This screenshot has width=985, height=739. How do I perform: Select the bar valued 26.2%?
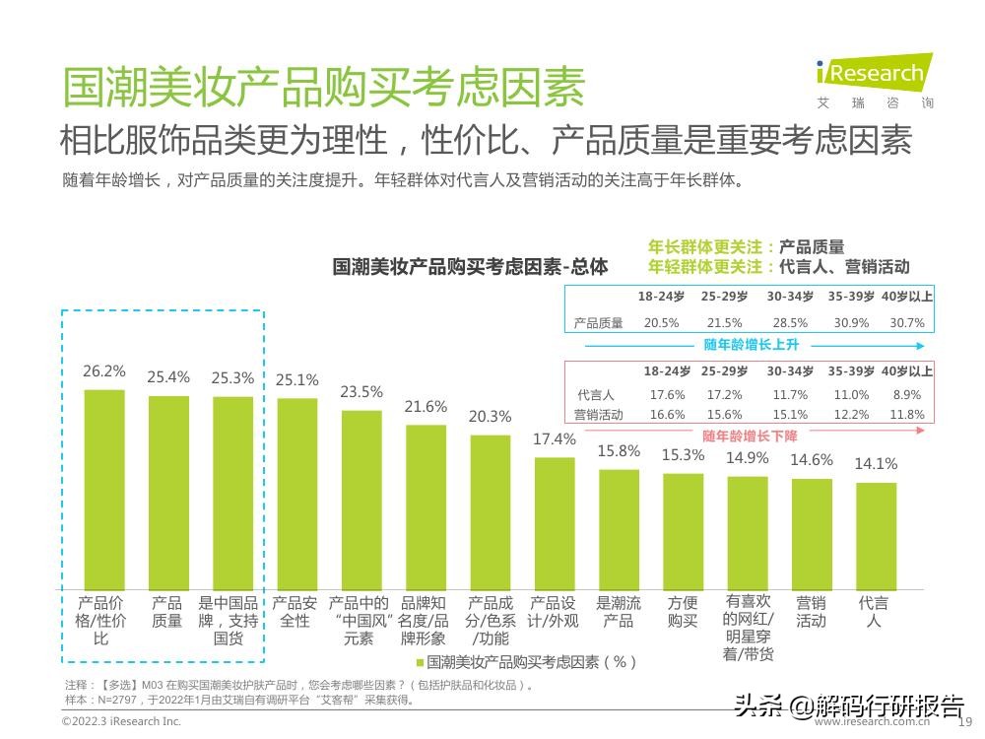104,488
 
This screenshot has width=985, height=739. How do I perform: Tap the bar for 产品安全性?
297,492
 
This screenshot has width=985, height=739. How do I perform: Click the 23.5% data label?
361,392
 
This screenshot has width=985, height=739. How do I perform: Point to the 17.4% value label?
555,439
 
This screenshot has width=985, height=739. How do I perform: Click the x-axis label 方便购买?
683,612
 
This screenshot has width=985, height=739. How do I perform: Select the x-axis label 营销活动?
812,612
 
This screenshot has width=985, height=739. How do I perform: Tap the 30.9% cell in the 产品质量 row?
852,323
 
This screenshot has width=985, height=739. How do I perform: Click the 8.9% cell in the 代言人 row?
907,394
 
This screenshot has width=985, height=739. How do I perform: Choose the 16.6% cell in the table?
667,415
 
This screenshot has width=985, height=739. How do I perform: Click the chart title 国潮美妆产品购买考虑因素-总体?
470,267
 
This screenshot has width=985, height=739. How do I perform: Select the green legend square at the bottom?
421,662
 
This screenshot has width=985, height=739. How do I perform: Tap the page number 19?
965,722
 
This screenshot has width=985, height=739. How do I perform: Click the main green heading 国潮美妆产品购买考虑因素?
323,87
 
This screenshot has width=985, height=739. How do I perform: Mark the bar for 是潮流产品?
619,528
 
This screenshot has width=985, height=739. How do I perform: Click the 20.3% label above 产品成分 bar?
490,417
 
